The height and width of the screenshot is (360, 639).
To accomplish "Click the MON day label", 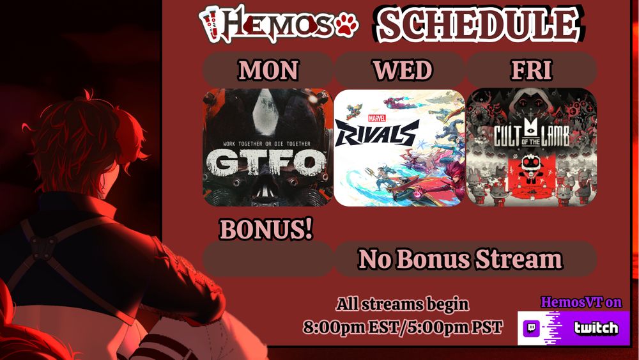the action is (268, 70).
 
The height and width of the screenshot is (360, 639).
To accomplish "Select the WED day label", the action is (403, 70).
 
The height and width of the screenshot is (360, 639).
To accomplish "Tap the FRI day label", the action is (532, 70).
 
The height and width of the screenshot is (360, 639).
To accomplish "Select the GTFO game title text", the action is (267, 162).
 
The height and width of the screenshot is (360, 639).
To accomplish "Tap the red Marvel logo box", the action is (376, 118).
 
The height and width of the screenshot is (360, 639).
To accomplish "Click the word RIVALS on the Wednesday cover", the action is (376, 133).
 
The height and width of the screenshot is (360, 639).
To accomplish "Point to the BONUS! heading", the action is (266, 229).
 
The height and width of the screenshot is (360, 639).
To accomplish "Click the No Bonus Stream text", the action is (460, 260).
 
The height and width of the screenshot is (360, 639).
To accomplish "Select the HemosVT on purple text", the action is (581, 302).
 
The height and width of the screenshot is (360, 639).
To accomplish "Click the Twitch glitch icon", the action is (532, 328).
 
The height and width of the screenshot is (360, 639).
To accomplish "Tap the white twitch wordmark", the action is (596, 328).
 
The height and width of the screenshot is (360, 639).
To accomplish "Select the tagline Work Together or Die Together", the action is (267, 143).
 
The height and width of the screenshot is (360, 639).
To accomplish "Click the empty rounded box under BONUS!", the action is (268, 260).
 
